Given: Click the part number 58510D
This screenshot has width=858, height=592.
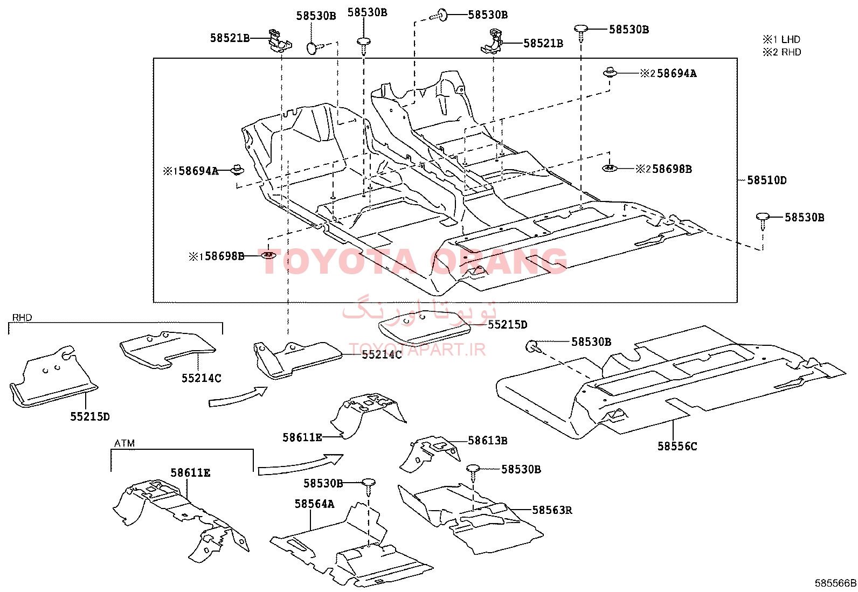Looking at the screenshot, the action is click(767, 180).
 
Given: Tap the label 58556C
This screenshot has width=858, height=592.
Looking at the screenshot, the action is click(677, 447).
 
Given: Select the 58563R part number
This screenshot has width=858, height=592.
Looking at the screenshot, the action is click(552, 510).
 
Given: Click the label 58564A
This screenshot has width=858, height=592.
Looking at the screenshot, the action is click(314, 504).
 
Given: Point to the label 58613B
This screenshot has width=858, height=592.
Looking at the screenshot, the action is click(488, 441).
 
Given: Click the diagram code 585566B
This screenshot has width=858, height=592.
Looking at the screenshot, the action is click(835, 583).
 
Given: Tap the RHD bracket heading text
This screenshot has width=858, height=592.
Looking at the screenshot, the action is click(22, 317).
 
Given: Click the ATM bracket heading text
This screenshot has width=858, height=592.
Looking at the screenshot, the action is click(124, 443).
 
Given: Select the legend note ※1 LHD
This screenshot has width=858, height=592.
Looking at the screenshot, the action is click(781, 39).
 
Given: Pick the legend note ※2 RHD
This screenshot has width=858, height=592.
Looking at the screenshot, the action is click(782, 52).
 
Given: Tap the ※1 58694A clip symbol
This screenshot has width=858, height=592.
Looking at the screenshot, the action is click(238, 169).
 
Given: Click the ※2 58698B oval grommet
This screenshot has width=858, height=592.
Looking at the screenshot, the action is click(610, 168).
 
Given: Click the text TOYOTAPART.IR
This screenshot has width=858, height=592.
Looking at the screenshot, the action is click(418, 350).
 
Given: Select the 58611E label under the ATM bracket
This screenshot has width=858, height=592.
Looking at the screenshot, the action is click(190, 473).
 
